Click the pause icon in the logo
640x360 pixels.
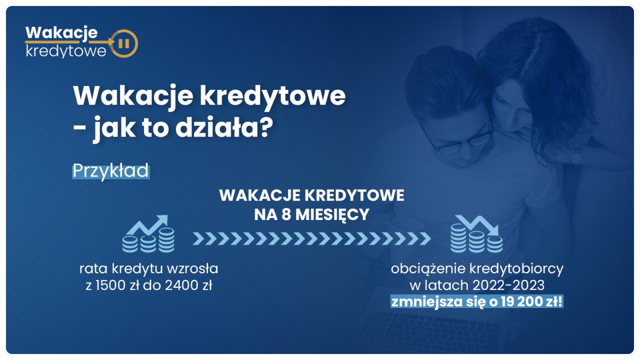pyautogui.click(x=123, y=43)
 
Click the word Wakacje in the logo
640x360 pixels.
pyautogui.click(x=61, y=33)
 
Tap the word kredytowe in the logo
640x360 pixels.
pyautogui.click(x=66, y=51)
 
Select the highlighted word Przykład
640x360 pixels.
pyautogui.click(x=110, y=171)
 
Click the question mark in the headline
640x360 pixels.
pyautogui.click(x=266, y=127)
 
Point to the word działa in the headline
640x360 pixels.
pyautogui.click(x=217, y=127)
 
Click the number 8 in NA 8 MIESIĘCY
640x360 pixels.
pyautogui.click(x=286, y=214)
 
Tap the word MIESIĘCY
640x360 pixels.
pyautogui.click(x=332, y=215)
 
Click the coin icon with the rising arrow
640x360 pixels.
pyautogui.click(x=148, y=233)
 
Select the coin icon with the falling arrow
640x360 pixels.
pyautogui.click(x=476, y=233)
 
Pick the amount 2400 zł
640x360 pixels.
pyautogui.click(x=188, y=285)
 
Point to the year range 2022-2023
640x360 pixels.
pyautogui.click(x=508, y=285)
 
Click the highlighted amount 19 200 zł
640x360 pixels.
pyautogui.click(x=531, y=301)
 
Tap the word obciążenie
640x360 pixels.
pyautogui.click(x=427, y=269)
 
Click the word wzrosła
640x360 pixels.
pyautogui.click(x=192, y=269)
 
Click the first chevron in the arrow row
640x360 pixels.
pyautogui.click(x=198, y=238)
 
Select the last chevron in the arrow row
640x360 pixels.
pyautogui.click(x=425, y=238)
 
